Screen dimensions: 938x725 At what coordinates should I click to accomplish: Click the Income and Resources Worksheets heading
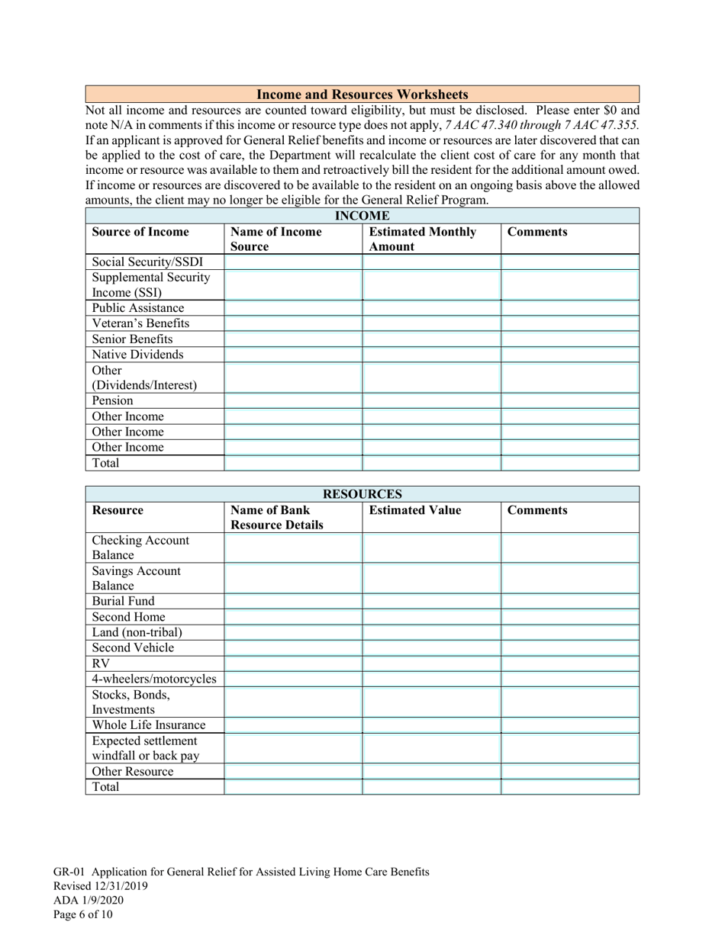pos(362,95)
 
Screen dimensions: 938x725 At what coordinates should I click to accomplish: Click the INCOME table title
pos(362,216)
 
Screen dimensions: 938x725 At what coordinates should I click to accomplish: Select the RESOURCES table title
pos(362,494)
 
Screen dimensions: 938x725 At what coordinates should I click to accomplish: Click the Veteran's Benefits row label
pos(140,323)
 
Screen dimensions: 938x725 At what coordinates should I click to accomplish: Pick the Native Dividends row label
pos(137,354)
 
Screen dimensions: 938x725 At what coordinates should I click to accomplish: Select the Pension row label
pos(113,400)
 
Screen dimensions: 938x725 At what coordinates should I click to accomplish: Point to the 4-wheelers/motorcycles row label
pos(153,678)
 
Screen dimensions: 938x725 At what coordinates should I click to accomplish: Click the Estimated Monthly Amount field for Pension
pos(431,400)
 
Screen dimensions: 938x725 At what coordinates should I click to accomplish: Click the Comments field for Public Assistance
pos(569,308)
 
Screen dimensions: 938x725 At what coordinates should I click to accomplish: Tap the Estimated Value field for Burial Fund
pos(431,601)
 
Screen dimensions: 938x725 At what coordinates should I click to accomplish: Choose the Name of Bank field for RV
pos(293,663)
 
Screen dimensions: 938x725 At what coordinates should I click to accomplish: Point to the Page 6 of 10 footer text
pos(83,914)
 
